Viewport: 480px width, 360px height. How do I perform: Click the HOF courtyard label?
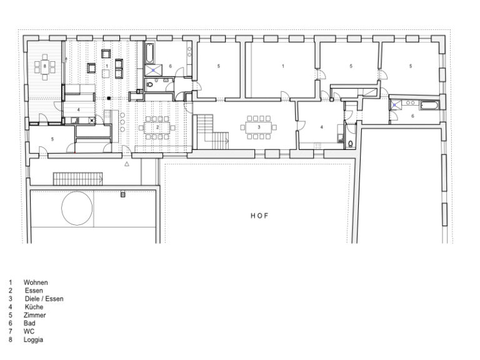tap(259, 216)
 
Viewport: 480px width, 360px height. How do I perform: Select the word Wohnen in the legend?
tap(36, 282)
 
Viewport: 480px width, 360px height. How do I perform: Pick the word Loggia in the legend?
tap(34, 339)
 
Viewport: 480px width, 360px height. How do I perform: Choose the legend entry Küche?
tap(34, 307)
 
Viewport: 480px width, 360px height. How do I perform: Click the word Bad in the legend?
tap(29, 323)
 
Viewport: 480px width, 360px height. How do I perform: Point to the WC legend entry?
tap(29, 331)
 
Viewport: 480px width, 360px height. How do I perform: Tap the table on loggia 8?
tap(44, 64)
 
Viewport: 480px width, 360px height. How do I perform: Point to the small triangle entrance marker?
tap(126, 164)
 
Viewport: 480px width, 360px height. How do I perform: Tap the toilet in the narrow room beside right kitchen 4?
tap(349, 143)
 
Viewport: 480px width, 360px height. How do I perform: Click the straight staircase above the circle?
tap(76, 178)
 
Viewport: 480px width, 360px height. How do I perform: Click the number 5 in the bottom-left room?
tap(52, 139)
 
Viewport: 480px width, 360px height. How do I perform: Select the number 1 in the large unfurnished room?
tap(282, 66)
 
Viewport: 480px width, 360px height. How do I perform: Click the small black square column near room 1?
tap(108, 98)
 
